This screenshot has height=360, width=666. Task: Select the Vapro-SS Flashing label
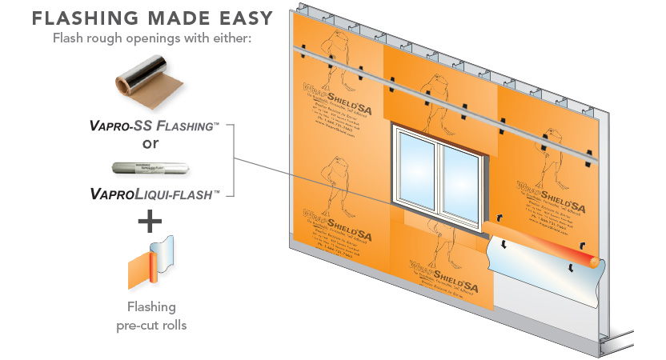[x=150, y=126]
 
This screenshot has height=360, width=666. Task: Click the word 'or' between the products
[x=150, y=144]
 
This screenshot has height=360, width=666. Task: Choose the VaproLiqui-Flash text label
[x=150, y=194]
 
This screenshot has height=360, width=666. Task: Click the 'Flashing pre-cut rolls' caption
[x=151, y=314]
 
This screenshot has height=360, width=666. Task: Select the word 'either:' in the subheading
[x=235, y=38]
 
